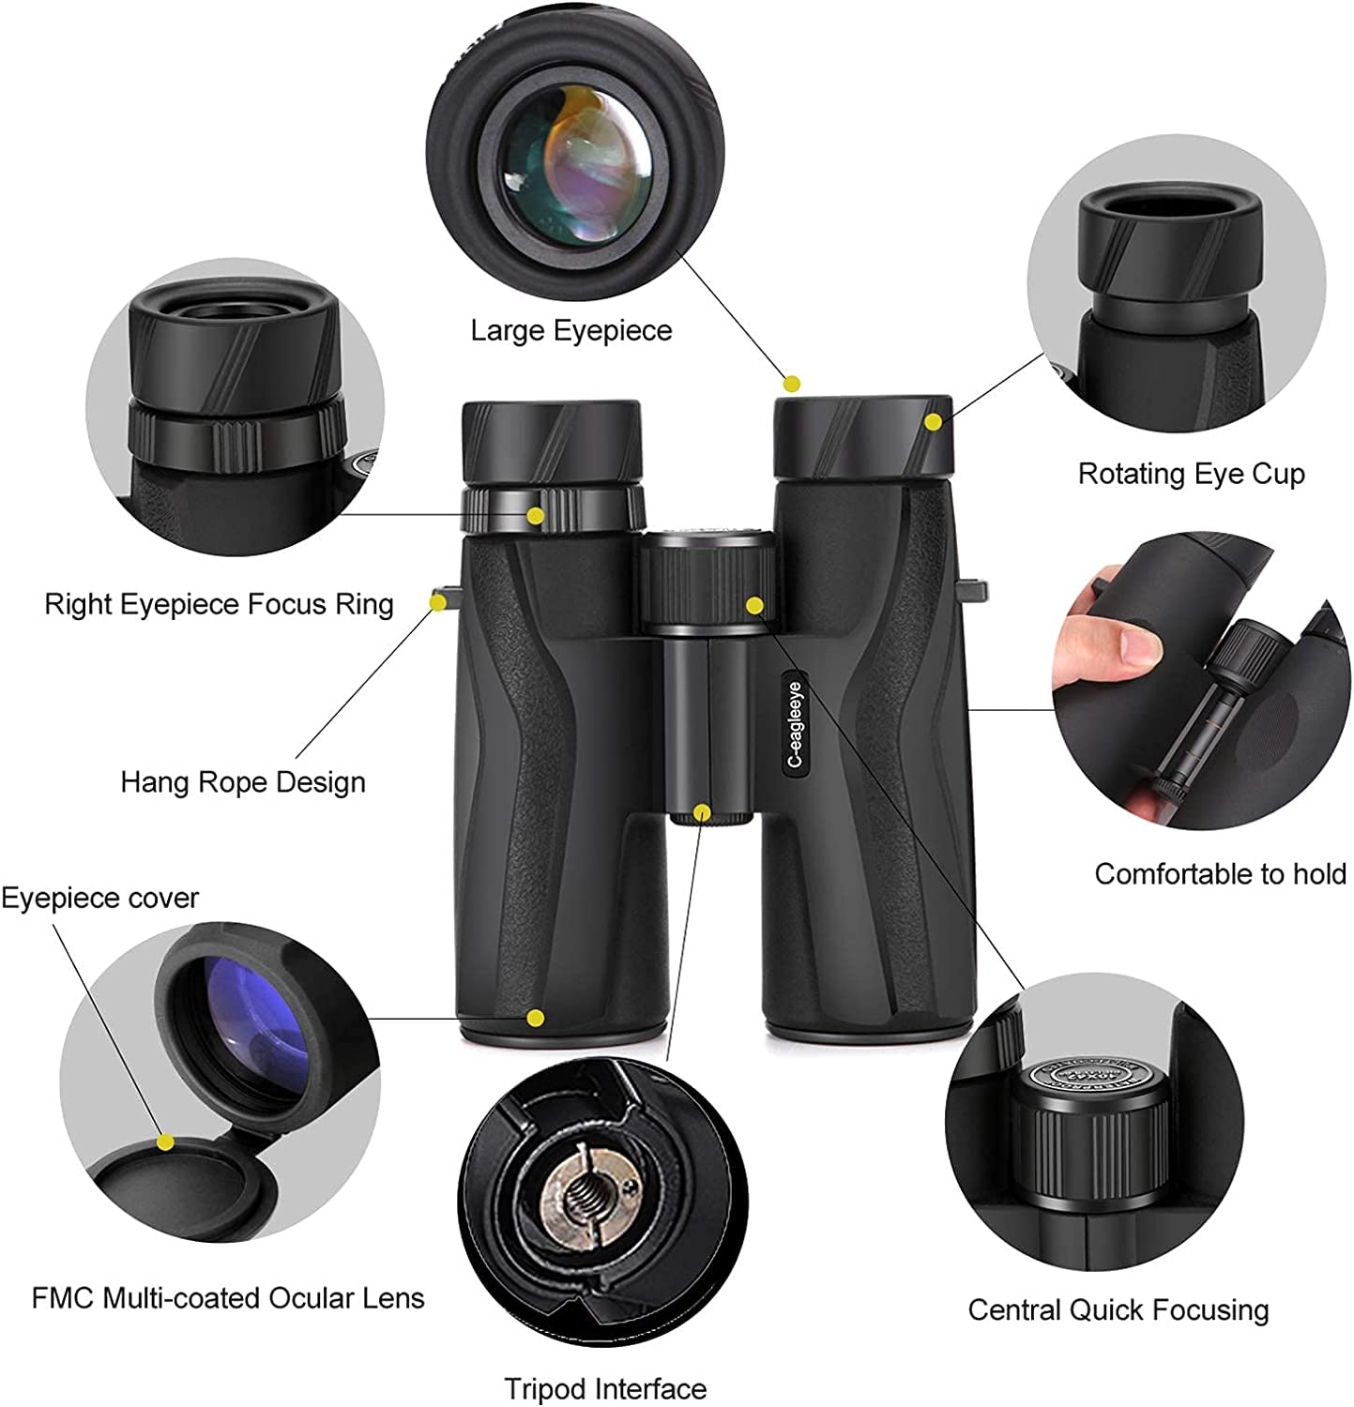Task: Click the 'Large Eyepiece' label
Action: (x=571, y=331)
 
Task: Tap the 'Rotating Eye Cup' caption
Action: (x=1191, y=474)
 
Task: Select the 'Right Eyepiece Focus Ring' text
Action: (x=219, y=604)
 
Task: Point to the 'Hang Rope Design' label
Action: (x=243, y=782)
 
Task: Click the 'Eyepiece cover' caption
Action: (x=99, y=899)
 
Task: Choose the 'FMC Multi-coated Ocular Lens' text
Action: (x=228, y=1298)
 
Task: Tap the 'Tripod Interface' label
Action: (x=605, y=1388)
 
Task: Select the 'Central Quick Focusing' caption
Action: (x=1118, y=1309)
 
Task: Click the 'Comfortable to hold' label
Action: (x=1220, y=874)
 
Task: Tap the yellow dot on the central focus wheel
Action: (x=754, y=606)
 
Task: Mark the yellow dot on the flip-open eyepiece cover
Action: (x=166, y=1142)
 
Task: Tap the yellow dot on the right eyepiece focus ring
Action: (x=536, y=516)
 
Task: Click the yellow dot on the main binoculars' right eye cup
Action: (x=933, y=422)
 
